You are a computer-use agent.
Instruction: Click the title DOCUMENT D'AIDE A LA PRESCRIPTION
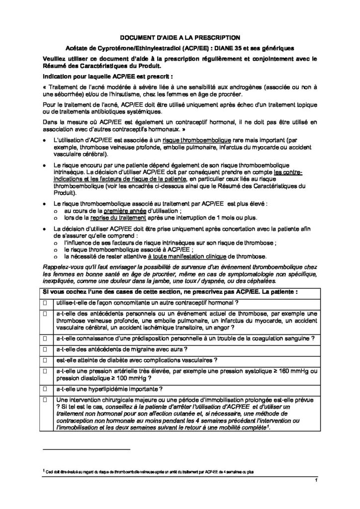[x=180, y=37]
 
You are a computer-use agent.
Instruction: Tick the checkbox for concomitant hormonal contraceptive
[x=47, y=302]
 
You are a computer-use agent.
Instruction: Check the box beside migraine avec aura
[x=47, y=349]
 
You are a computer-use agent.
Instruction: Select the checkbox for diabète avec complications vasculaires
[x=47, y=360]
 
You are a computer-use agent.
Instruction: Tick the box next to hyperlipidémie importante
[x=47, y=389]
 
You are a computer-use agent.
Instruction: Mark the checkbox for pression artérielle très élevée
[x=47, y=371]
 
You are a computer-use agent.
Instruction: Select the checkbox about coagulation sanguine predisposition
[x=47, y=339]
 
